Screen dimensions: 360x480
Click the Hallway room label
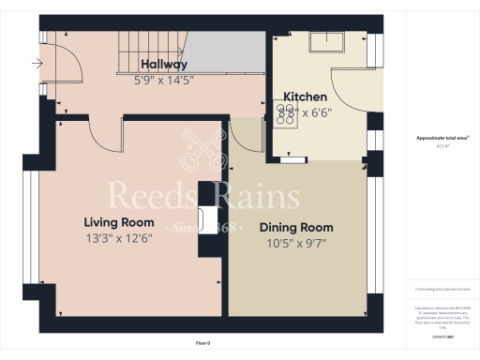(164, 65)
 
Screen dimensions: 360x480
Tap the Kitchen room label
(306, 97)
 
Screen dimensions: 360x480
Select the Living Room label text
(118, 222)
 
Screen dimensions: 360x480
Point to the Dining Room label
(296, 228)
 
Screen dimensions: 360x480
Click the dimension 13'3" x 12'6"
(118, 238)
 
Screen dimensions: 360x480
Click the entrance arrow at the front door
(37, 65)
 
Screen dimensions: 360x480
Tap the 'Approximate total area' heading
(442, 138)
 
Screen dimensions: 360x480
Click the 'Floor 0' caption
(203, 344)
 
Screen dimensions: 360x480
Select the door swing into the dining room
(243, 136)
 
